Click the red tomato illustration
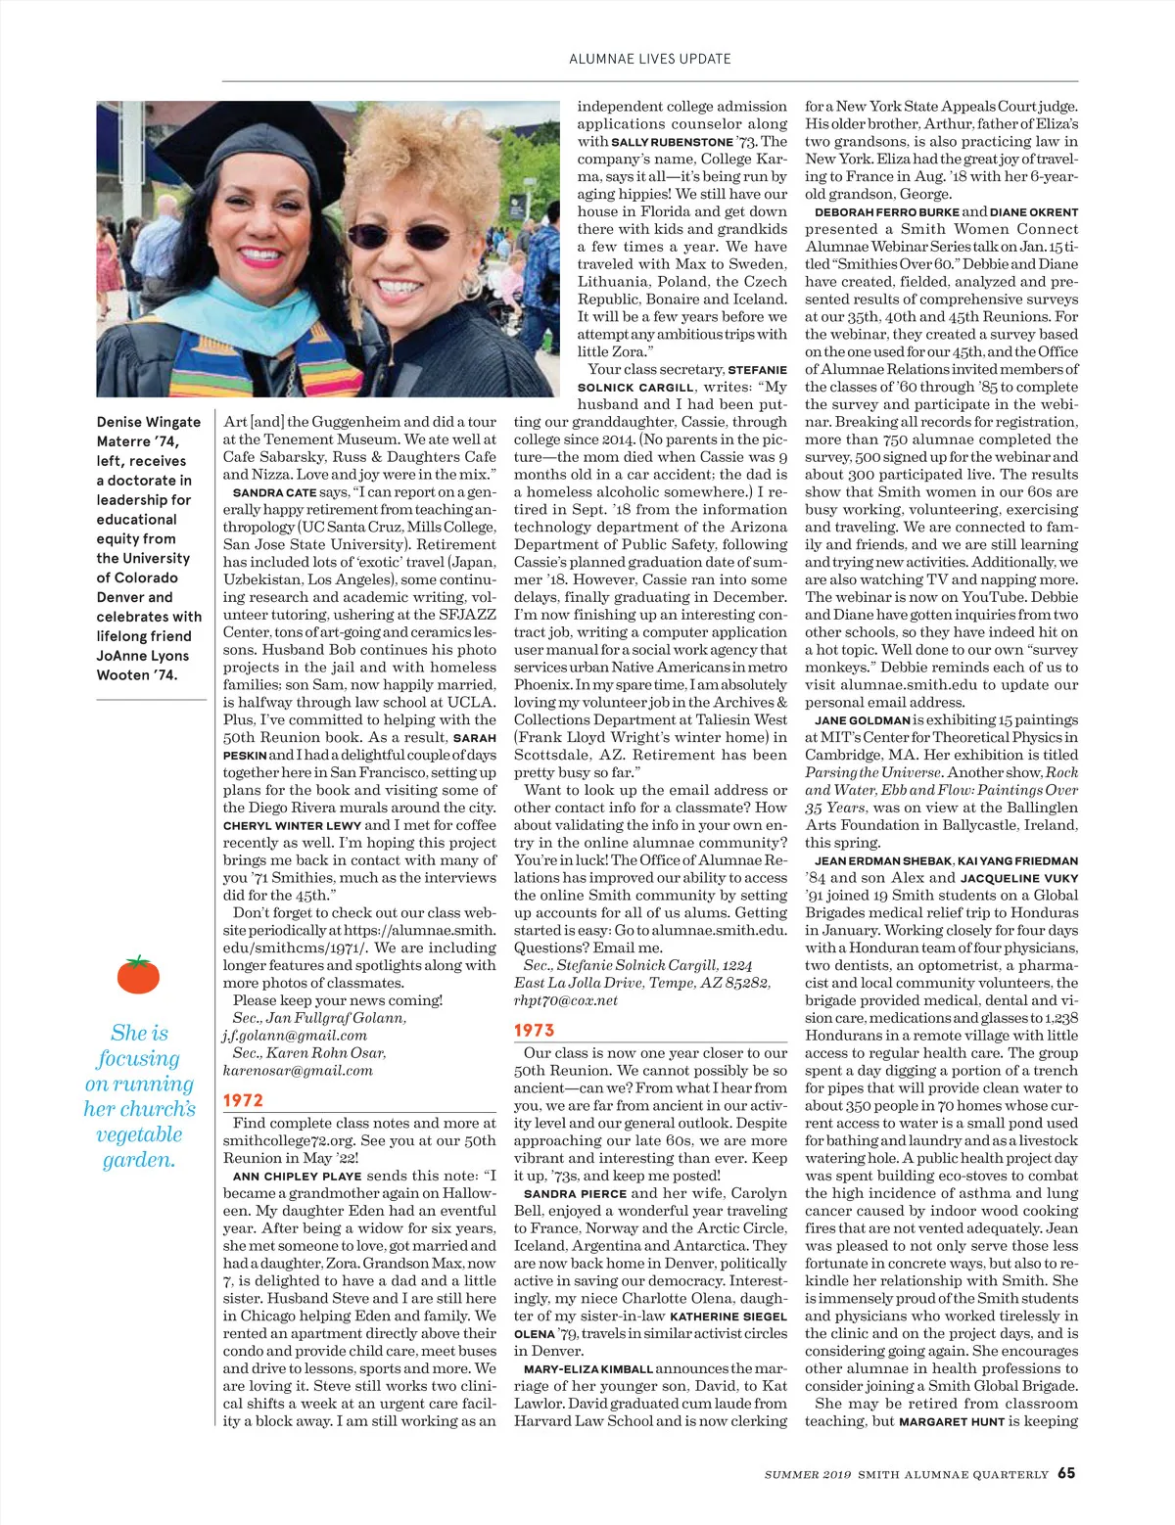pos(138,974)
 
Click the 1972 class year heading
pos(243,1100)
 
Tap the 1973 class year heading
pos(535,1030)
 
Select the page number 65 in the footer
pos(1066,1473)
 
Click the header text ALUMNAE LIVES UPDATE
pos(650,59)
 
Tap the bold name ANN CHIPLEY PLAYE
pos(297,1176)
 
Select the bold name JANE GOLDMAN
pos(862,720)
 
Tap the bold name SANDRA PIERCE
pos(575,1194)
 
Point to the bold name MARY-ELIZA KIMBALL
pos(587,1369)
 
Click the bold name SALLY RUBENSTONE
pos(672,142)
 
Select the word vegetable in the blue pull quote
pos(139,1134)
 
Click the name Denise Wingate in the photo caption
pos(148,422)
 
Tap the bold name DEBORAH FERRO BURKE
pos(885,212)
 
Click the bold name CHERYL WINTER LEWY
pos(292,825)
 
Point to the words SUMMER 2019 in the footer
pos(808,1474)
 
